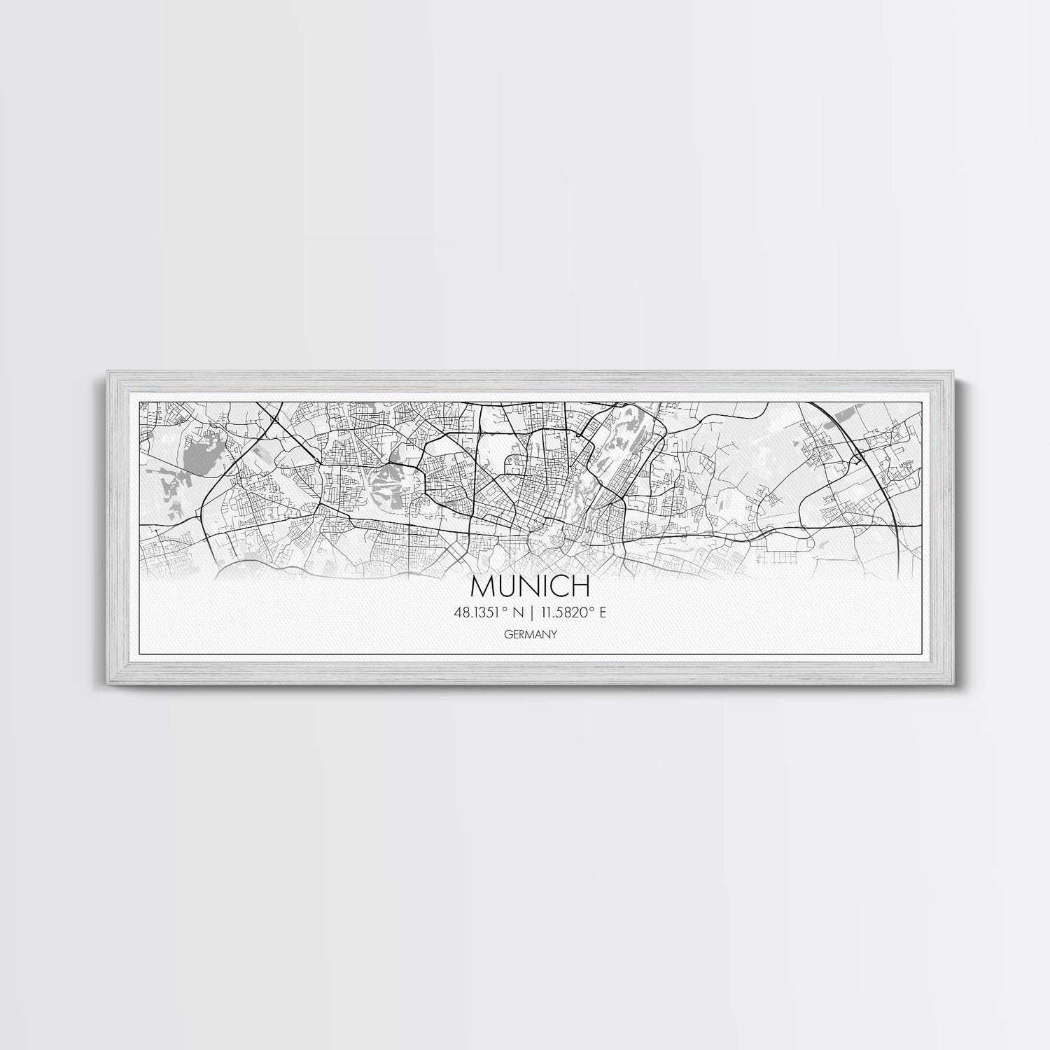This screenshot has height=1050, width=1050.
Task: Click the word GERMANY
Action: tap(529, 635)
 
